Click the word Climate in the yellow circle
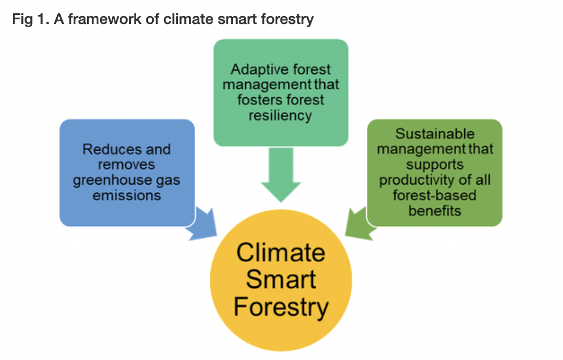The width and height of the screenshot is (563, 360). click(x=280, y=252)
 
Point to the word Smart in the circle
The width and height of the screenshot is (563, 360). click(x=281, y=280)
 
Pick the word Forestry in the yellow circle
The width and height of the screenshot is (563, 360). click(x=281, y=308)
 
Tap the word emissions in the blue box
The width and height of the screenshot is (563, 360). click(x=127, y=195)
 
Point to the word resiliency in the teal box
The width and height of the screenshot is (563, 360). click(x=280, y=115)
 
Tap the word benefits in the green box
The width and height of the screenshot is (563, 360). click(x=434, y=210)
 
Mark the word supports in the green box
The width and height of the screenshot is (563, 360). click(x=434, y=164)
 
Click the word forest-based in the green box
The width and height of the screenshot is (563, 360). click(x=434, y=195)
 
